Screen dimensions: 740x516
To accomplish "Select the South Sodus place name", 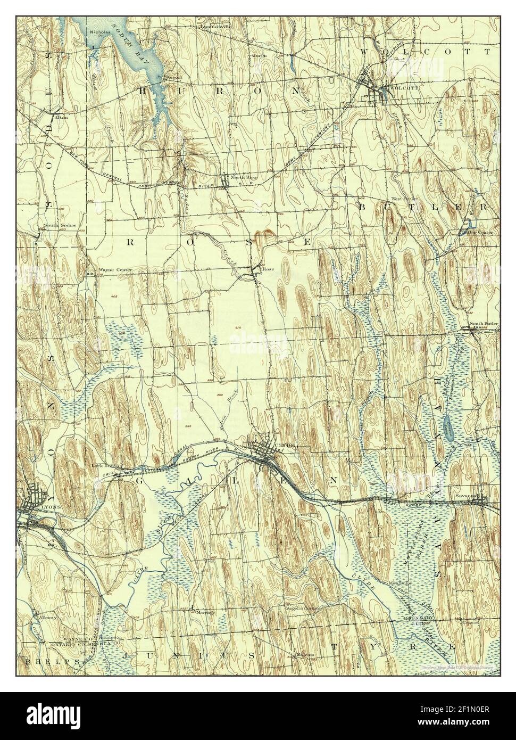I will pos(60,225).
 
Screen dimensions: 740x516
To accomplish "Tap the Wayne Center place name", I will pos(114,270).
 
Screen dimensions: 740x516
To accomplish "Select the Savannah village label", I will pos(467,495).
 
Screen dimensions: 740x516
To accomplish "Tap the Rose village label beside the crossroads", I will pos(268,270).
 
